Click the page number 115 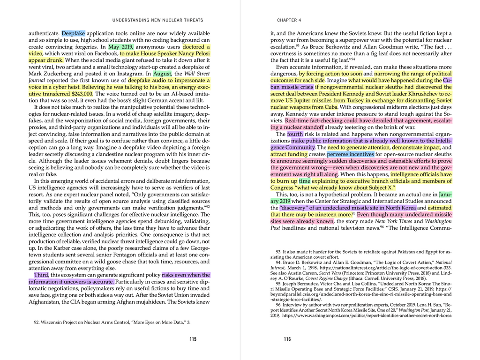193,339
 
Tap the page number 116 287,339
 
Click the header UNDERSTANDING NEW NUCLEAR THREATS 158,20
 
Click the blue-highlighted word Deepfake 73,34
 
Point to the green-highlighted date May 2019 121,47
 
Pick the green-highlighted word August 163,74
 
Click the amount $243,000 82,94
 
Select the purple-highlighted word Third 41,275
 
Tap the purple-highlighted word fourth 295,134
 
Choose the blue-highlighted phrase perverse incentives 351,154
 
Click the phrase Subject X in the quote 380,187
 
